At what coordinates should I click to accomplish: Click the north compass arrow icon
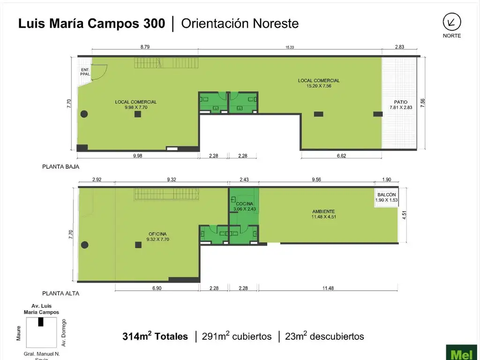coord(452,22)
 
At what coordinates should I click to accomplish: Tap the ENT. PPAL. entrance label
coord(85,72)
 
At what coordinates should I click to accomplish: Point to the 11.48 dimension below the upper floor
coord(328,288)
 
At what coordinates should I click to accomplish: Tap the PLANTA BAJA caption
coord(60,166)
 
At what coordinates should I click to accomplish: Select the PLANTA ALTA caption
coord(60,293)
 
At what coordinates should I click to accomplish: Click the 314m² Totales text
coord(155,336)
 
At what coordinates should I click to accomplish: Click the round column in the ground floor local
coord(84,113)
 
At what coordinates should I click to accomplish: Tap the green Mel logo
coord(462,352)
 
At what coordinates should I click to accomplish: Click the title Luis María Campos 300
coord(91,24)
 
